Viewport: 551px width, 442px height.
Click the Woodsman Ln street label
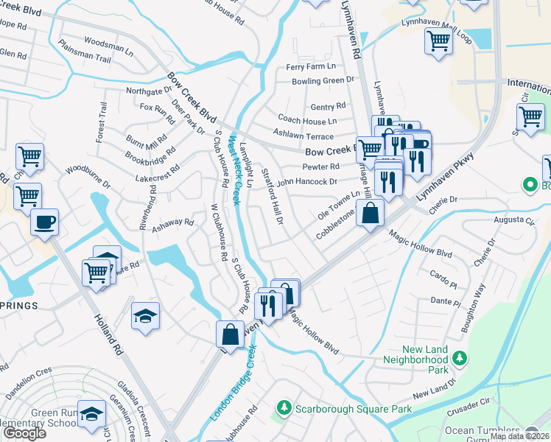pos(108,46)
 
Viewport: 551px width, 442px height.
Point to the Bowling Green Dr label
pos(323,80)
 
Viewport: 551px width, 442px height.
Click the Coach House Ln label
pos(307,119)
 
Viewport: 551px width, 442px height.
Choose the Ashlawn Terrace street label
pos(303,136)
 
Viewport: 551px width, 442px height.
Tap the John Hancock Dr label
pos(307,180)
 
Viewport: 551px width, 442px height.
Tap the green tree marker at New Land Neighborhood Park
pos(460,357)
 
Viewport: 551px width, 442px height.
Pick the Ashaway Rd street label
pos(172,226)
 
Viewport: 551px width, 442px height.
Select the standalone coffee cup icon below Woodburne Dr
pos(44,221)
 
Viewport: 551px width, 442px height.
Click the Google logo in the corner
pos(24,433)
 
